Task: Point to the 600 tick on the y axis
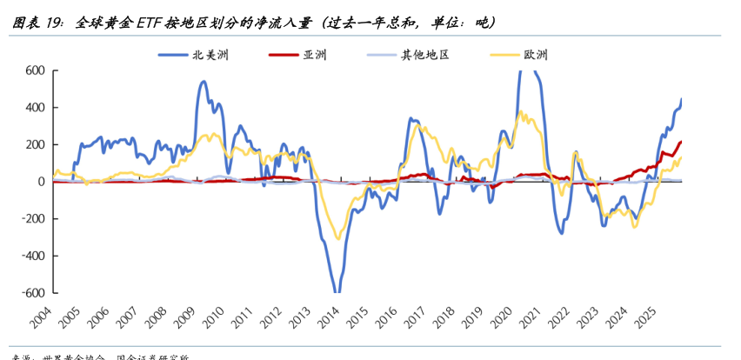34,70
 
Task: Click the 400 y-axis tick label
34,108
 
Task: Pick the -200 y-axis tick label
31,219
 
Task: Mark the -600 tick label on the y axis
31,293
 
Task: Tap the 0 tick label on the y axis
40,182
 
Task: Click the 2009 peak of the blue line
204,82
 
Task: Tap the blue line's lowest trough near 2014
336,291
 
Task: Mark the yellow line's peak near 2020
520,111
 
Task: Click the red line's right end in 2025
681,141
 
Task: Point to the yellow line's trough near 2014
337,239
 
